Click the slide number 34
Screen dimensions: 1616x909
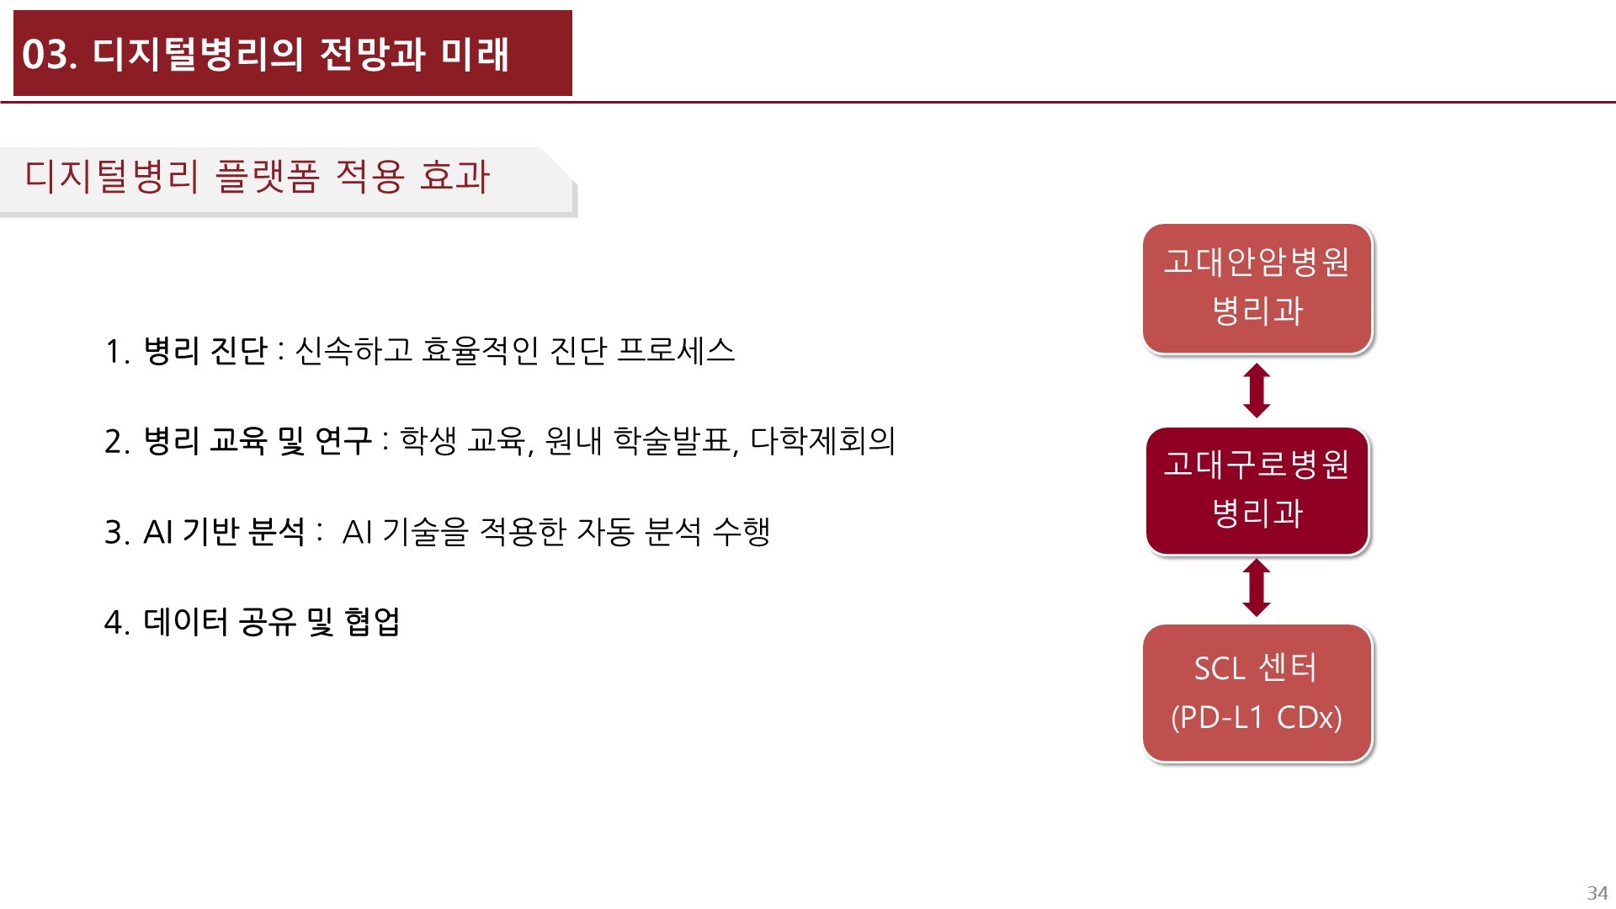tap(1597, 892)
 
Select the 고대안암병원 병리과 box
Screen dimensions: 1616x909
tap(1257, 288)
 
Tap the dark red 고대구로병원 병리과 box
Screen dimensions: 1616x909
tap(1257, 490)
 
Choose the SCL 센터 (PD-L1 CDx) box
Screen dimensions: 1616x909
tap(1257, 692)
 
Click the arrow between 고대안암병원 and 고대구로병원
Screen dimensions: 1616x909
tap(1257, 391)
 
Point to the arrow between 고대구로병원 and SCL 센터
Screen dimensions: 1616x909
tap(1257, 588)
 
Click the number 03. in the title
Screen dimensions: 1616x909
tap(50, 55)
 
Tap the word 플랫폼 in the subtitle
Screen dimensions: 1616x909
tap(268, 177)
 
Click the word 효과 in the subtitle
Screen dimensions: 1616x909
tap(454, 177)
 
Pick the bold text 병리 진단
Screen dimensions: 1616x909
tap(205, 351)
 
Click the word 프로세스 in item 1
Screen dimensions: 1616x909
tap(676, 351)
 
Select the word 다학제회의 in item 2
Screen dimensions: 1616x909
tap(822, 441)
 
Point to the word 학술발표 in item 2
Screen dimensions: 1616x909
tap(674, 441)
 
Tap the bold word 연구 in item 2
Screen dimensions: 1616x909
tap(343, 441)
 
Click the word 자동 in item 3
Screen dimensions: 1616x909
tap(604, 532)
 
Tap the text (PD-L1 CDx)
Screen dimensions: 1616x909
tap(1257, 717)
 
